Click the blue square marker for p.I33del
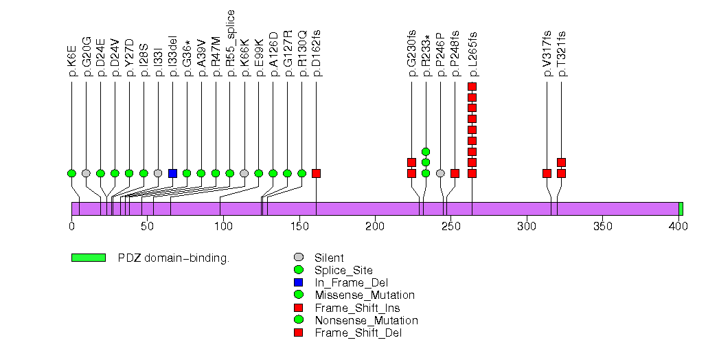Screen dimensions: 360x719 point(172,173)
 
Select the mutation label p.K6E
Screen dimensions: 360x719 point(71,63)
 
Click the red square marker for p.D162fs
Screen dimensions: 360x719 point(316,173)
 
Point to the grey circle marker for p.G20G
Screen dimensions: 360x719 point(86,173)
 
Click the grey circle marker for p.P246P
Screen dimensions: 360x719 point(440,173)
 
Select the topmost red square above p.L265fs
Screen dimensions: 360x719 point(472,86)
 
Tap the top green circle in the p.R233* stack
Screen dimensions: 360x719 point(426,151)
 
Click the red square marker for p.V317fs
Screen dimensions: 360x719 point(547,173)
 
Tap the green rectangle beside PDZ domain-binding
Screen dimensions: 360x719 point(88,258)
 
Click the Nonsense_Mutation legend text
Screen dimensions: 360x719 point(366,320)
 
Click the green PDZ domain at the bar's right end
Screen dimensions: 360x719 point(681,209)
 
